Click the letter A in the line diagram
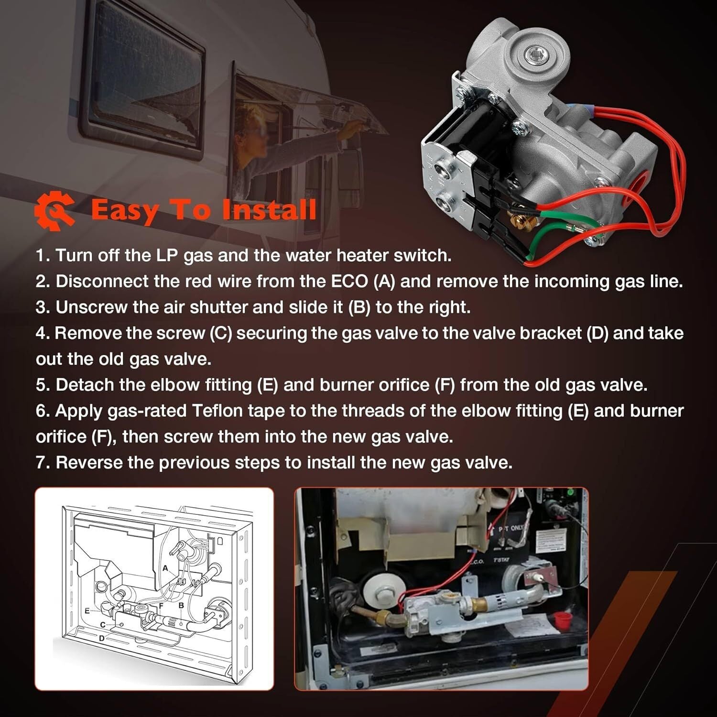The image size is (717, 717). (x=165, y=568)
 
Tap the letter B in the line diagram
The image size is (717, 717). (x=181, y=605)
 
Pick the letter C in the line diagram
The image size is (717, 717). (x=103, y=625)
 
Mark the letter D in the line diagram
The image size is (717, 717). (x=101, y=638)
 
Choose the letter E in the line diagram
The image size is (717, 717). (x=87, y=611)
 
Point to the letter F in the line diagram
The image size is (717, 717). (x=162, y=605)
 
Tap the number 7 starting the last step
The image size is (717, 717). (x=41, y=462)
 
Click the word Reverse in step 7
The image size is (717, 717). (x=89, y=462)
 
